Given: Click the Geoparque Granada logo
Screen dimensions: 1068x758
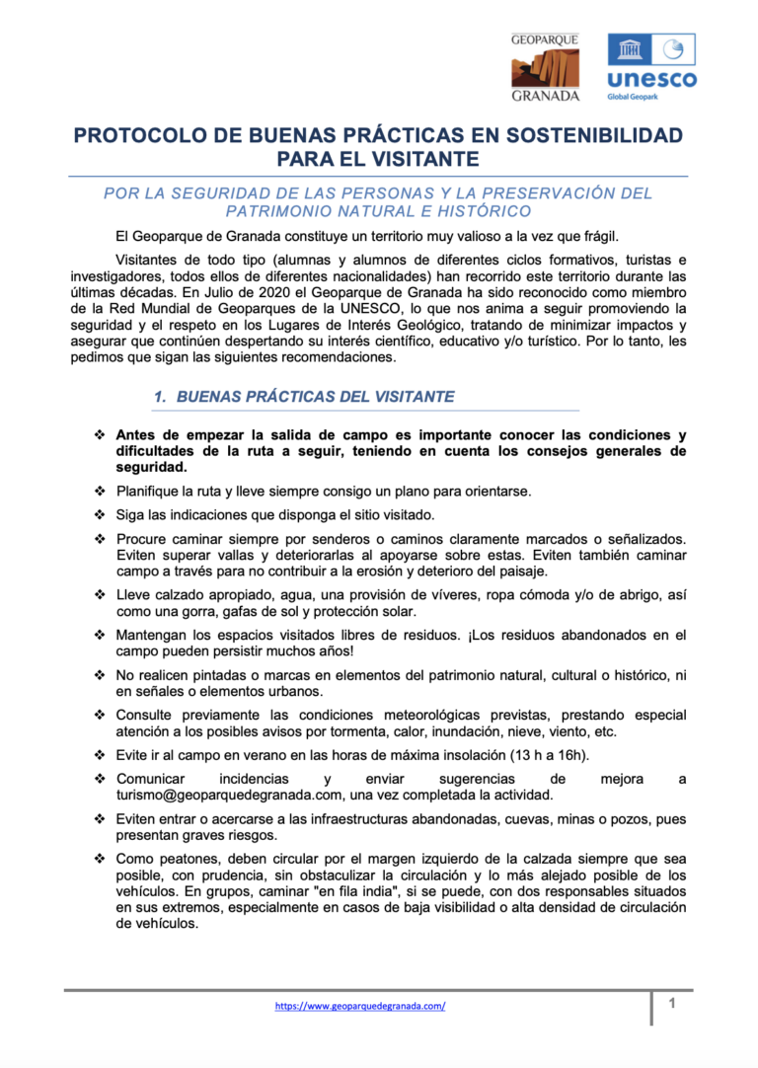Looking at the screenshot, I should tap(545, 67).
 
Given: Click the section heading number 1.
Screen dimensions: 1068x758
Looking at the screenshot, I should tap(159, 397).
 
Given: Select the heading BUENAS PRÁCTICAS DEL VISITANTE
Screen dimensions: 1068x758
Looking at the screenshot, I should tap(316, 397).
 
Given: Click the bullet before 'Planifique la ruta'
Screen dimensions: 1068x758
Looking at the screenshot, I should tap(99, 491).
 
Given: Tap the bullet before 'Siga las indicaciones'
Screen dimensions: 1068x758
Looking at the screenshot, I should tap(99, 514).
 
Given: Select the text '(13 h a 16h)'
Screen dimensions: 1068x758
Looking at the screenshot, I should tap(547, 755).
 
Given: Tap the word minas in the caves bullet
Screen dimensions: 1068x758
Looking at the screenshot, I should tap(567, 819).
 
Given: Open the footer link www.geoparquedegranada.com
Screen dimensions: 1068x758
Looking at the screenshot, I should tap(360, 1006).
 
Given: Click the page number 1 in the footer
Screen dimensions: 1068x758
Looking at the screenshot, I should tap(671, 1004).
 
